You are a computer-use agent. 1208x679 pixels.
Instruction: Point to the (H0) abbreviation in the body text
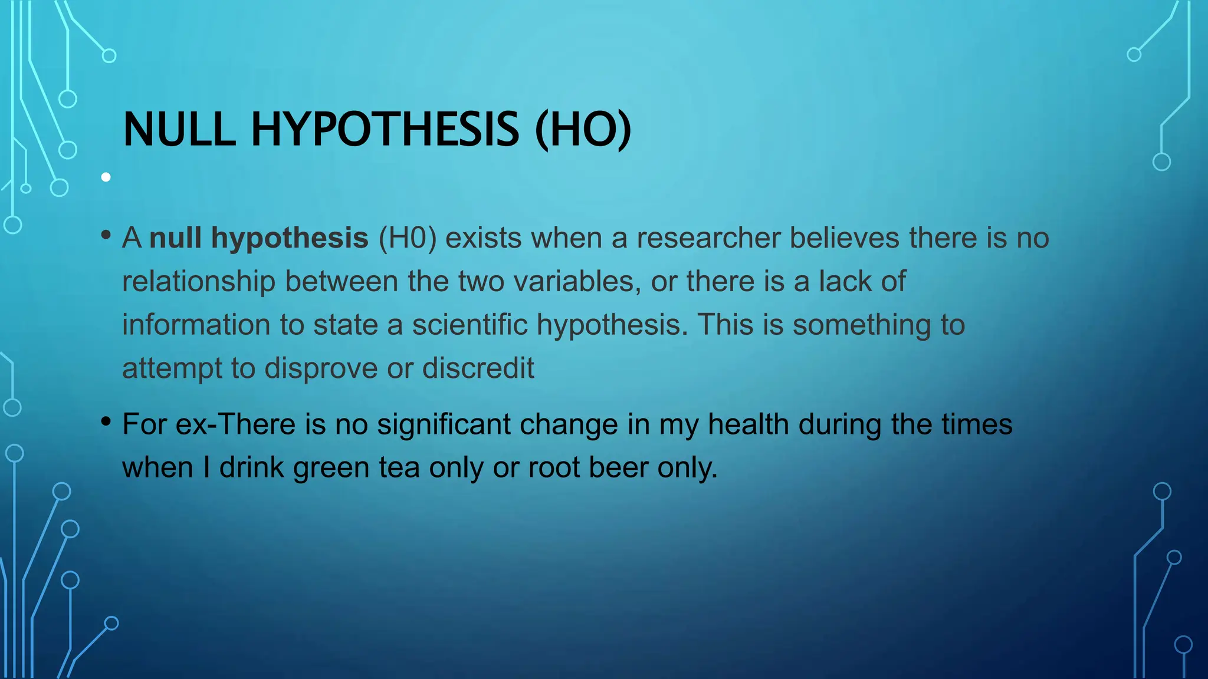coord(408,238)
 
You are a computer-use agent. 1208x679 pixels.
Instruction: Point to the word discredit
coord(478,368)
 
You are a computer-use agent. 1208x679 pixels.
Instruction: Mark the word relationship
coord(199,282)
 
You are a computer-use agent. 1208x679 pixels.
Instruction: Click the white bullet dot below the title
coord(106,177)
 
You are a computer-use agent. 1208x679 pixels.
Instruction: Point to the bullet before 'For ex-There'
coord(106,421)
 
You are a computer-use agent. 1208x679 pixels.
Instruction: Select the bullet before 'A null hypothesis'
coord(106,235)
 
